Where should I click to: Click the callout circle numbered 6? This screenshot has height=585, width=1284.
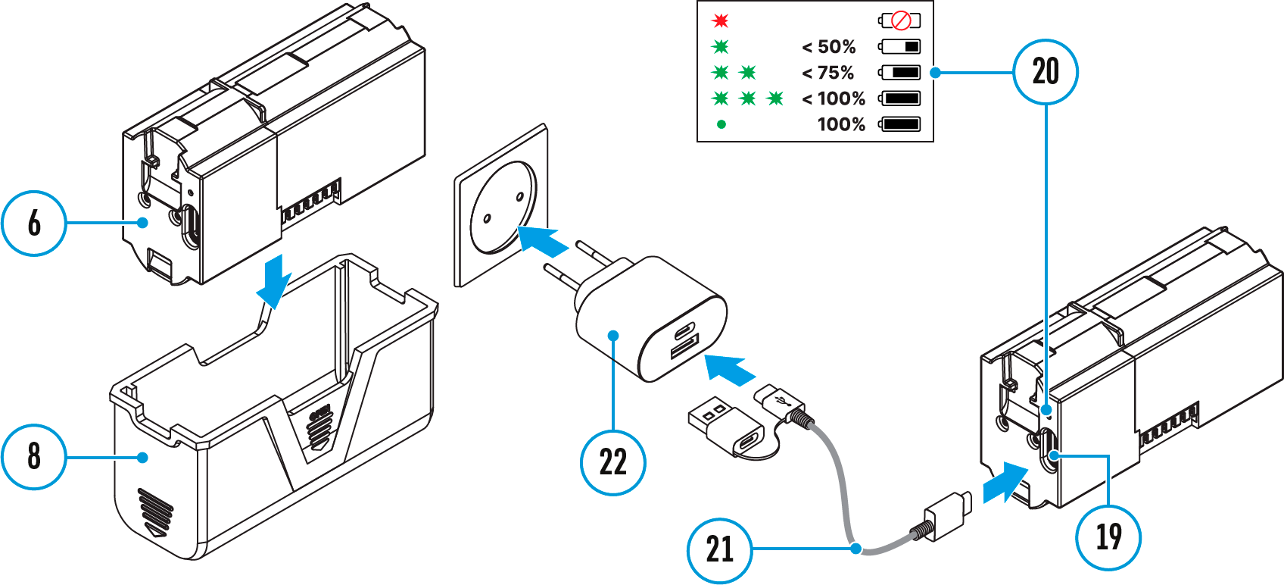34,223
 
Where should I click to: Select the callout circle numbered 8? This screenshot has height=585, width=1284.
34,456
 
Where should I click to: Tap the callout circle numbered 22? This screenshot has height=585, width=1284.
612,462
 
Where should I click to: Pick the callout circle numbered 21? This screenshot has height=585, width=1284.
719,549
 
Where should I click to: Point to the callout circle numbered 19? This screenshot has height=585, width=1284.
1108,537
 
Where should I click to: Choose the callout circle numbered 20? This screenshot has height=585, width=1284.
1046,72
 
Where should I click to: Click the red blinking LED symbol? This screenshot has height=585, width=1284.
720,20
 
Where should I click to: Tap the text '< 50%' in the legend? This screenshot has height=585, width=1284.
829,47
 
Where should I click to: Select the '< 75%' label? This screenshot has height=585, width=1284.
828,73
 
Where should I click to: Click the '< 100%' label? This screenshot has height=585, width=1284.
834,99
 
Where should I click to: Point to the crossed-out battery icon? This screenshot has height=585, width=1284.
900,20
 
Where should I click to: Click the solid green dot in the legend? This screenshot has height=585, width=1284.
721,124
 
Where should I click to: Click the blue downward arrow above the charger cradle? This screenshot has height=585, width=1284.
273,281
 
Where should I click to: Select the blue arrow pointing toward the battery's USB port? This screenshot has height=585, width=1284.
1005,482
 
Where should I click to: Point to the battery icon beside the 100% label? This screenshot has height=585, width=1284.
900,124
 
